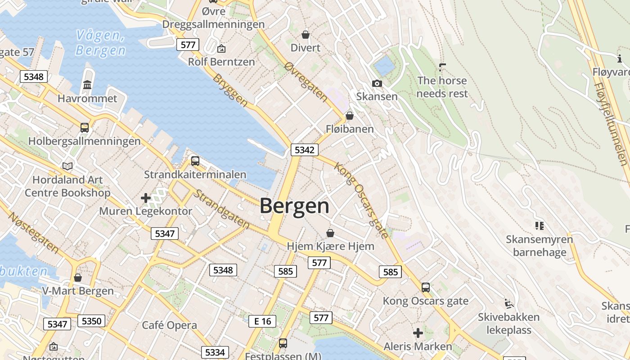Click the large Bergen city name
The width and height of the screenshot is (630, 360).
click(294, 206)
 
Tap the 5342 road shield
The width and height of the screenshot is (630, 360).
click(304, 150)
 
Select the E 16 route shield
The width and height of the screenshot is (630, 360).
click(262, 321)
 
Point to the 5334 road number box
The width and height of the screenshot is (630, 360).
click(215, 352)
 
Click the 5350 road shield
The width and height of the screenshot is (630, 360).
click(91, 321)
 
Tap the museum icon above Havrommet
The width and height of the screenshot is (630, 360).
click(87, 85)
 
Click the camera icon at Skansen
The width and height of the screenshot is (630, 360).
click(377, 83)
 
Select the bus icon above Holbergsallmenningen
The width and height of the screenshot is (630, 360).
click(85, 127)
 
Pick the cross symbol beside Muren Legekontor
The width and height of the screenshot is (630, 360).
click(145, 198)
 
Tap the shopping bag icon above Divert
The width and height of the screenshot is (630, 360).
click(306, 34)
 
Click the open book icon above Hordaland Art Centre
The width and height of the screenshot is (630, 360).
click(67, 166)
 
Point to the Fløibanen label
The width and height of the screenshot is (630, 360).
click(350, 129)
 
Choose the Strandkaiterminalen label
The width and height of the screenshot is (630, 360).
click(195, 175)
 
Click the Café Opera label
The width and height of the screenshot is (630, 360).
click(169, 325)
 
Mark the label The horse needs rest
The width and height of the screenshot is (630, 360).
click(442, 87)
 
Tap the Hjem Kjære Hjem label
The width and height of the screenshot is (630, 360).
click(330, 246)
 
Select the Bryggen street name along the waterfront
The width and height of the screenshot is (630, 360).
click(230, 90)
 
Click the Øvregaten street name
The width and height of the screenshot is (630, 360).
click(306, 81)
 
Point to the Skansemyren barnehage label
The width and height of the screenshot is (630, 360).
click(540, 246)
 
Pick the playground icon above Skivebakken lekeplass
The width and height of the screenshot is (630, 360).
click(508, 304)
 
